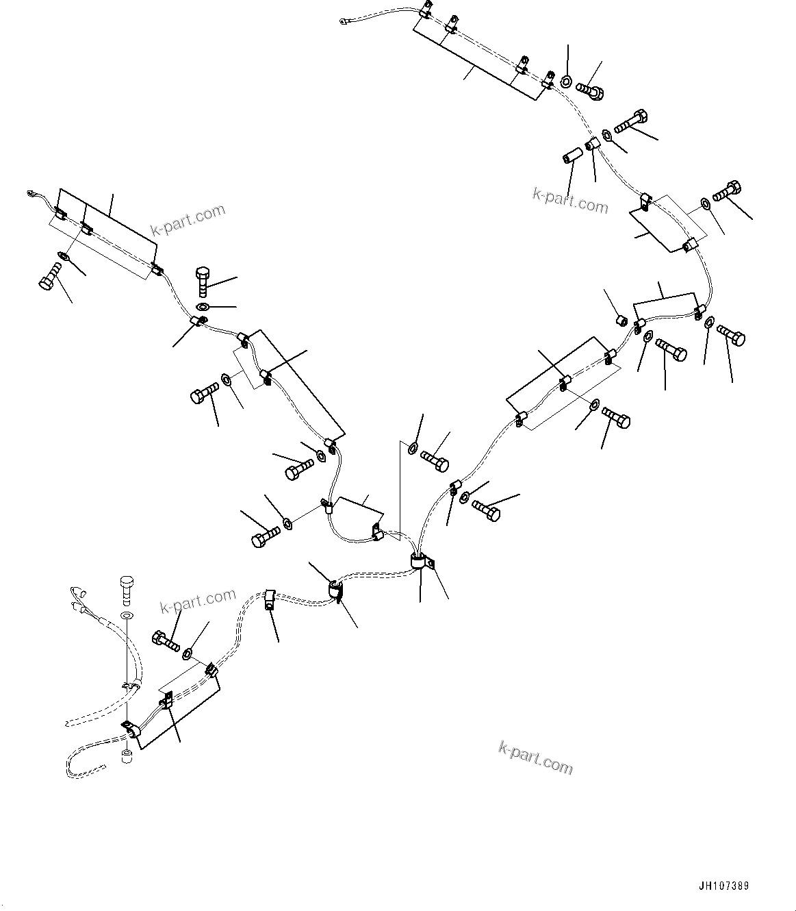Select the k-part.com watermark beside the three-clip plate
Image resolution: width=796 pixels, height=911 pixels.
pyautogui.click(x=191, y=219)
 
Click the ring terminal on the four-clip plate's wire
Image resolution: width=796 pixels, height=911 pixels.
pyautogui.click(x=344, y=23)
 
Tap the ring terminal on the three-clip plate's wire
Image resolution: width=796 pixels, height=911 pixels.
pyautogui.click(x=31, y=194)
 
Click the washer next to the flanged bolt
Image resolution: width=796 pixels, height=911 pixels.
pyautogui.click(x=567, y=82)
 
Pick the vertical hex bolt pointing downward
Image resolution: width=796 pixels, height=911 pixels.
pyautogui.click(x=204, y=281)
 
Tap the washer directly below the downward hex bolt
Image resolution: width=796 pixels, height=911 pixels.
pyautogui.click(x=204, y=305)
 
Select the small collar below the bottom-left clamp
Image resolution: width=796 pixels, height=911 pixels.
pyautogui.click(x=127, y=757)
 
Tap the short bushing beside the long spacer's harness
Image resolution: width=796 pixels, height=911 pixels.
pyautogui.click(x=621, y=320)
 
